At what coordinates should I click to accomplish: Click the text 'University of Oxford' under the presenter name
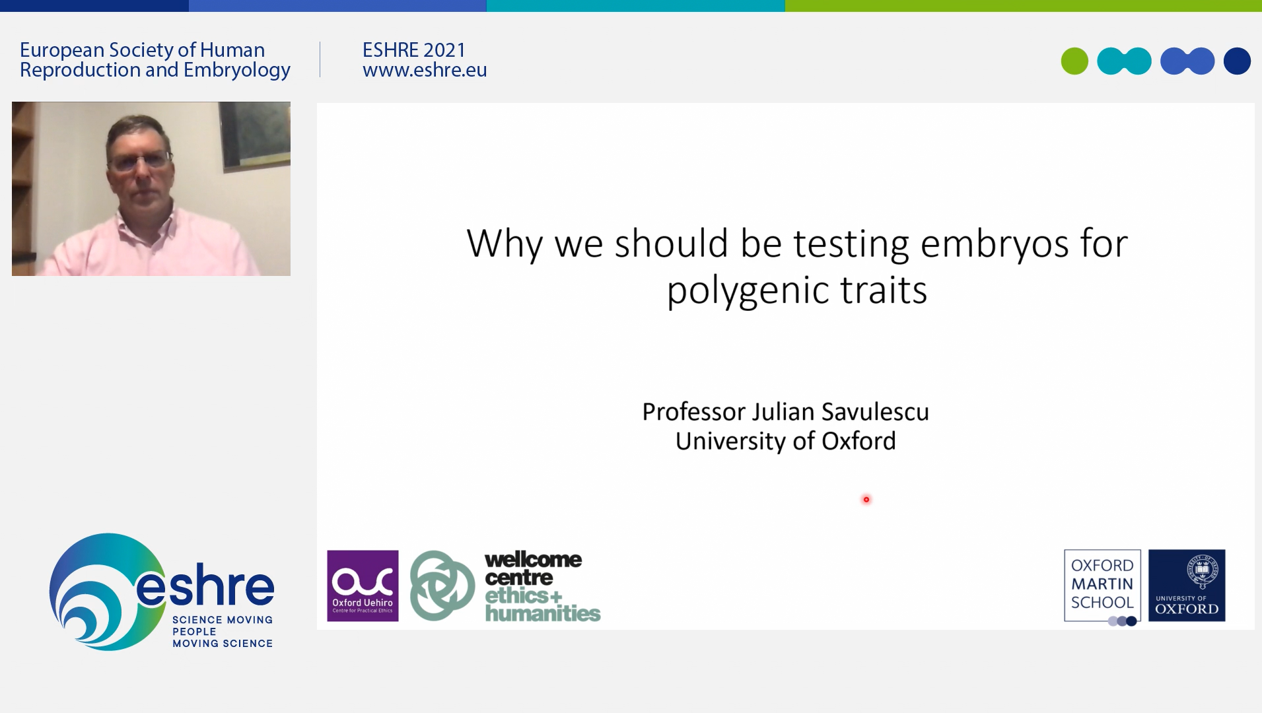click(785, 441)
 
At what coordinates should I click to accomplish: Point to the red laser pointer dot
click(866, 499)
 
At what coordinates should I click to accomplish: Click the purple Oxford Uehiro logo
click(363, 586)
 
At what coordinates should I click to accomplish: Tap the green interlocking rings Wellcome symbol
click(442, 586)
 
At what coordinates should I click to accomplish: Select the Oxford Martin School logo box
click(1102, 586)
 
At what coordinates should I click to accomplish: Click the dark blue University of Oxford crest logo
click(1187, 586)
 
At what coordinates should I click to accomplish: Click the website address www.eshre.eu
click(425, 70)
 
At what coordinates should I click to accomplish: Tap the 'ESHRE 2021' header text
click(414, 50)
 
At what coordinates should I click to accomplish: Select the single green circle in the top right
click(1074, 61)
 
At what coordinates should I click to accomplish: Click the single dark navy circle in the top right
click(1237, 61)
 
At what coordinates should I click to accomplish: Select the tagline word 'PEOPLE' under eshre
click(194, 632)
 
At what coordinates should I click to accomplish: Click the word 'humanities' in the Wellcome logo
click(543, 613)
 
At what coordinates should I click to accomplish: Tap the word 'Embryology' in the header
click(237, 71)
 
